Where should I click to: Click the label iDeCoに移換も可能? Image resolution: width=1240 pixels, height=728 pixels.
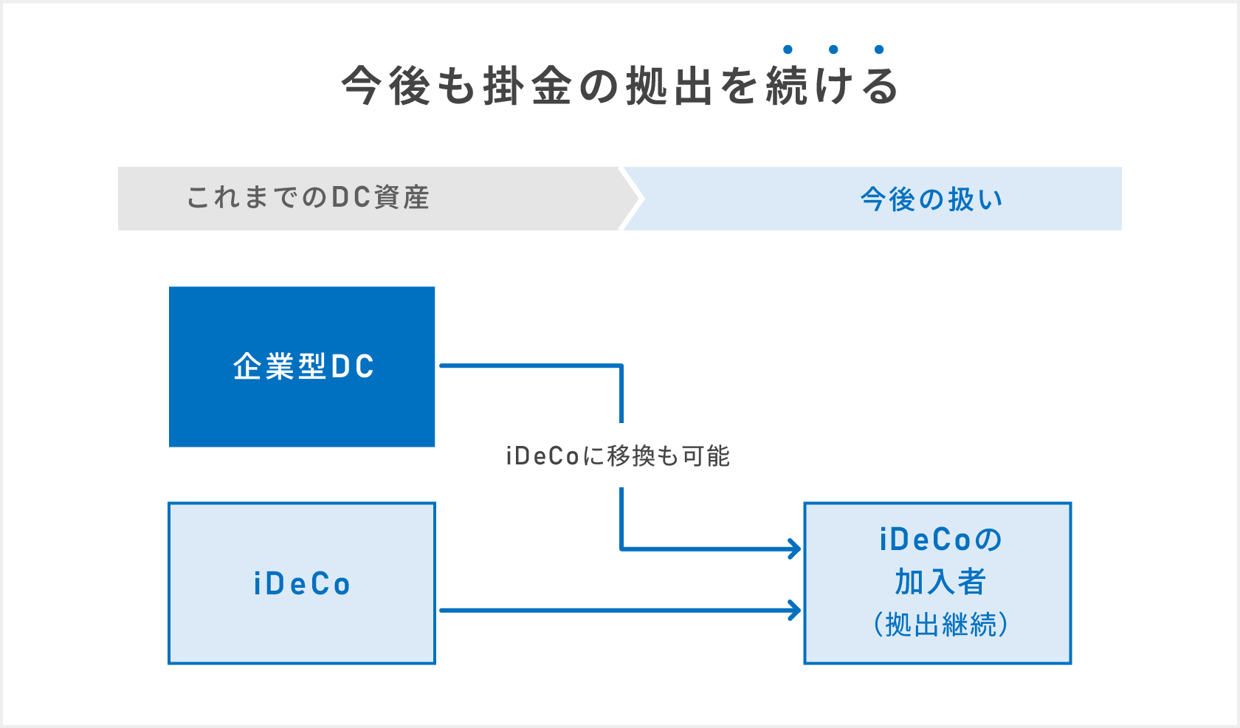(x=618, y=456)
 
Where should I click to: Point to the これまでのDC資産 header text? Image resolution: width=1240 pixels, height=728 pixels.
(x=308, y=198)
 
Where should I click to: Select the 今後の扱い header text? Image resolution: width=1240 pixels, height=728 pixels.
(x=931, y=199)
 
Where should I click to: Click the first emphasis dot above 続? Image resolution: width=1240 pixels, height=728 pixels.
(x=788, y=49)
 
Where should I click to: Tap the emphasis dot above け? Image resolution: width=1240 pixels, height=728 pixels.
(x=833, y=49)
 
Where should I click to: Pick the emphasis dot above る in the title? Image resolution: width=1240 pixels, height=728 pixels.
(x=879, y=49)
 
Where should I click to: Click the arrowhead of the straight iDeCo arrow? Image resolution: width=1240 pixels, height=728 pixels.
(x=797, y=611)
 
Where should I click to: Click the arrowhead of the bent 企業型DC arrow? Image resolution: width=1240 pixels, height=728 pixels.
(x=797, y=549)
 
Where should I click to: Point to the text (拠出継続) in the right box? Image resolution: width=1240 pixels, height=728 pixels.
(x=940, y=625)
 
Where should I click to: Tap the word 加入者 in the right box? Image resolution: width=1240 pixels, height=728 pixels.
(x=940, y=582)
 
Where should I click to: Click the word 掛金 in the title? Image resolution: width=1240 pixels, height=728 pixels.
(x=527, y=86)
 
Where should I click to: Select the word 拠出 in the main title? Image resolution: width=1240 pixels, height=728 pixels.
(x=669, y=86)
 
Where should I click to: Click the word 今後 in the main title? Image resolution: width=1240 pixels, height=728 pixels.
(x=385, y=86)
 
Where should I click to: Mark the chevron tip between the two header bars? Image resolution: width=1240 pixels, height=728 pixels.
(x=641, y=198)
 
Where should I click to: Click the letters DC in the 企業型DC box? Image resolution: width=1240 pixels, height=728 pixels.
(x=353, y=367)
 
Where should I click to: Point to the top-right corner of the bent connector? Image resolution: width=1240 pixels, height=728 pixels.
(x=621, y=365)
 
